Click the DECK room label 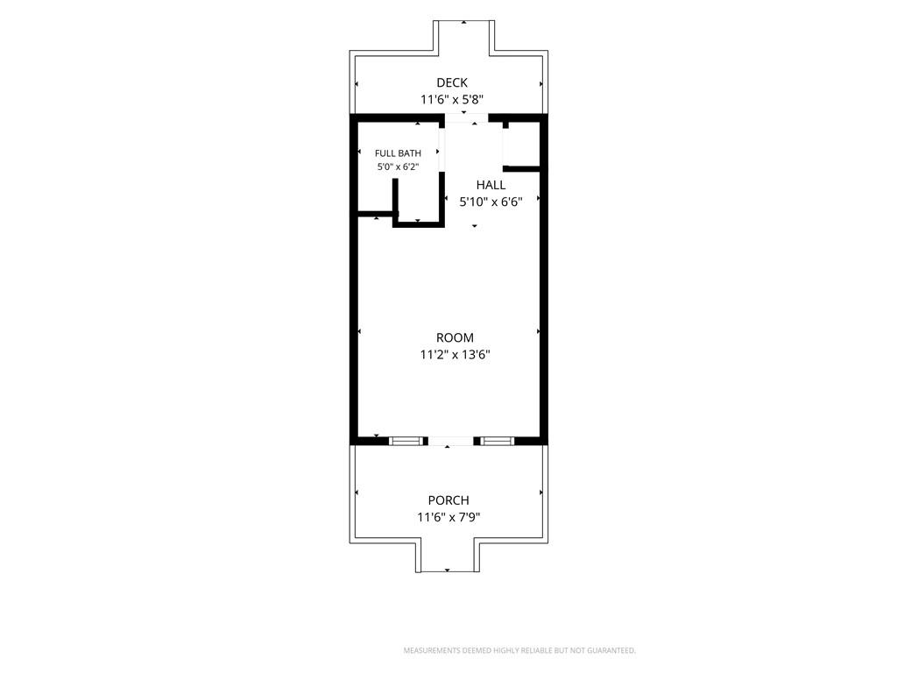point(452,83)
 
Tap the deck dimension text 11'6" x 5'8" point(452,100)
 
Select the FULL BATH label point(399,153)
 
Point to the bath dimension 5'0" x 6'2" point(399,167)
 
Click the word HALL point(491,185)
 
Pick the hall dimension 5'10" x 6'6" point(491,202)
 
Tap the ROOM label point(455,337)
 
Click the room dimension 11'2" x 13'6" point(455,355)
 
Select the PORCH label point(448,500)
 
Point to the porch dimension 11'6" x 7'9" point(448,517)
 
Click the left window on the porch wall point(406,441)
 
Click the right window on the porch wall point(497,441)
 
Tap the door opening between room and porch point(450,441)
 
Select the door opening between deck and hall point(466,118)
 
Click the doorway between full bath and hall point(441,149)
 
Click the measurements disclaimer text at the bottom point(519,651)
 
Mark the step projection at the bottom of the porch point(448,556)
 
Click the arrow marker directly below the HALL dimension point(474,226)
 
